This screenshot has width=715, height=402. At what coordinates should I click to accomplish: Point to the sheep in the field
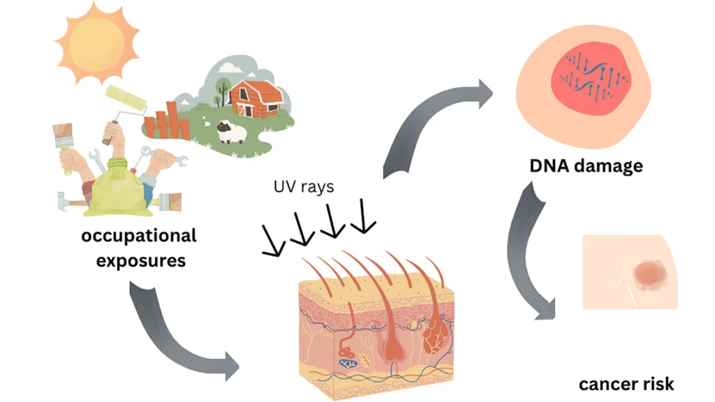230,131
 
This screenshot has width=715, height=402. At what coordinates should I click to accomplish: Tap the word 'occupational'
139,236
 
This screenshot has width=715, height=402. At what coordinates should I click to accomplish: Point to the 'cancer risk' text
626,384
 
